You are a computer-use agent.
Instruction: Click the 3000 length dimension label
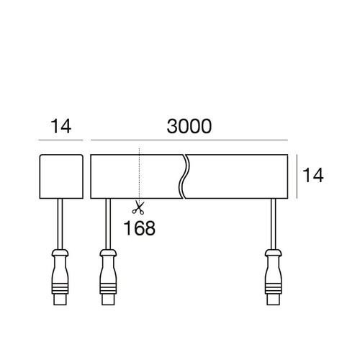(x=189, y=127)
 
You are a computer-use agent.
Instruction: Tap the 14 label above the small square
(x=61, y=127)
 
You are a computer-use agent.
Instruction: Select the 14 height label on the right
(x=312, y=175)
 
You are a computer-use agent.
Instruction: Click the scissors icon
(x=138, y=209)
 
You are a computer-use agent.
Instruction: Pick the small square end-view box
(x=61, y=175)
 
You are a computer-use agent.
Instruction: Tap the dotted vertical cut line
(x=139, y=173)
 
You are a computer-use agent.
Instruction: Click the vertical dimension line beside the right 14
(x=297, y=175)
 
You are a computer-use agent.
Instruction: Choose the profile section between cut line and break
(x=160, y=175)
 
